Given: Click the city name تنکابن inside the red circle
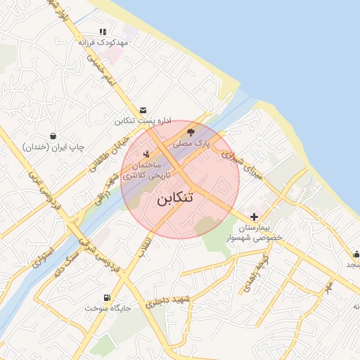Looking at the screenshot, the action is [x=173, y=199].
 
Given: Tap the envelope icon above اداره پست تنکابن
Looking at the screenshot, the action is [x=143, y=110].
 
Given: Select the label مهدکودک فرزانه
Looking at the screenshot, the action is [x=103, y=43].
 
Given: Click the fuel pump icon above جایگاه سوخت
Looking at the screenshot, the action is [x=107, y=297].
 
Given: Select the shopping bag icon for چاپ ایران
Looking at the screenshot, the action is [x=53, y=136].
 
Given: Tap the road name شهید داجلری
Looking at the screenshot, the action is [x=168, y=302].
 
